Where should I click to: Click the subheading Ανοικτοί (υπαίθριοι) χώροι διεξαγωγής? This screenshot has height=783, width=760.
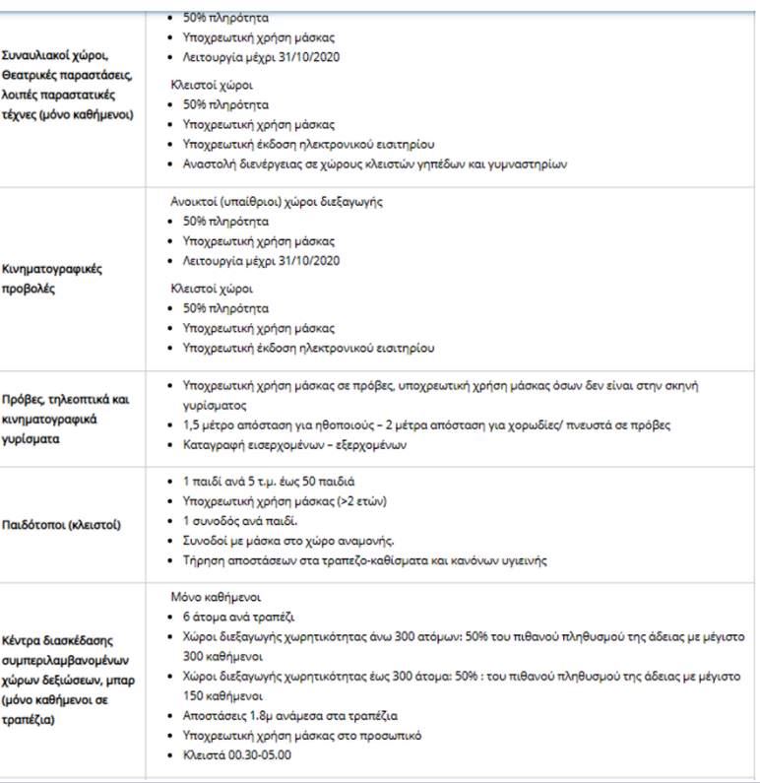point(277,201)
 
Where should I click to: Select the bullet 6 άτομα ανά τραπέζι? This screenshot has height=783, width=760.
point(232,617)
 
